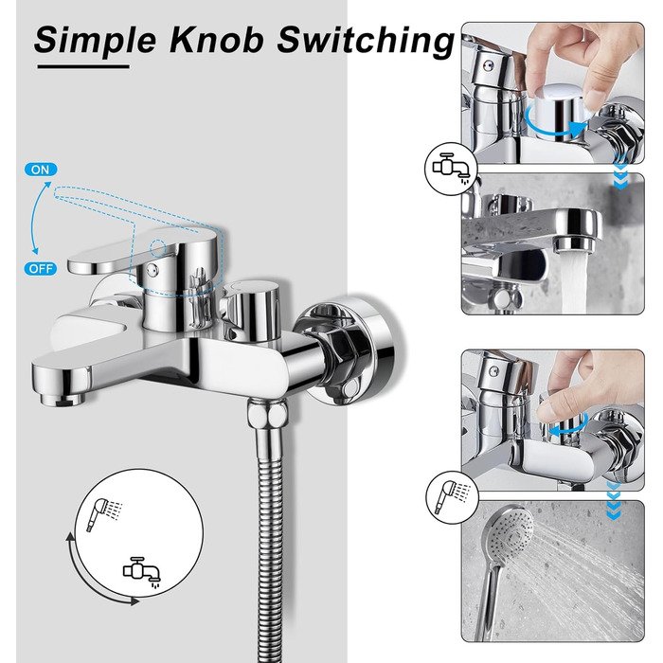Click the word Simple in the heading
pyautogui.click(x=95, y=41)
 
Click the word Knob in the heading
pyautogui.click(x=217, y=39)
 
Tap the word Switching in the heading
pyautogui.click(x=366, y=41)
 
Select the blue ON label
pyautogui.click(x=41, y=170)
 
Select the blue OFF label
pyautogui.click(x=41, y=268)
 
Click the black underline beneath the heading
pyautogui.click(x=83, y=66)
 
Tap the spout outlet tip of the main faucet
pyautogui.click(x=63, y=399)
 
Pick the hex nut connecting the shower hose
pyautogui.click(x=267, y=415)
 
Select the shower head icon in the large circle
pyautogui.click(x=103, y=513)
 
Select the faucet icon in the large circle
pyautogui.click(x=142, y=572)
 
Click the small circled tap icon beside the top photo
pyautogui.click(x=451, y=169)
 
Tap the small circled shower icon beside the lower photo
pyautogui.click(x=452, y=497)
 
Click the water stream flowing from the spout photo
pyautogui.click(x=574, y=281)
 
